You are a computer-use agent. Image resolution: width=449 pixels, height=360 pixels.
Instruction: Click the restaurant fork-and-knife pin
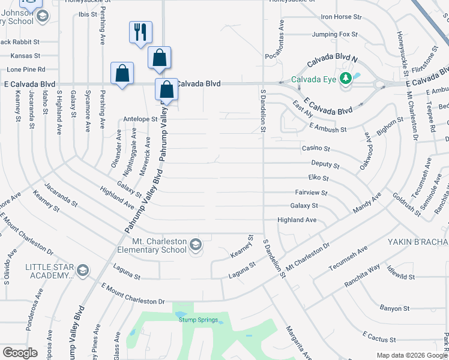click(x=140, y=32)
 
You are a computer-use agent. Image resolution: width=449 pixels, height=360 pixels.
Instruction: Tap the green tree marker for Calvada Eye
click(x=345, y=78)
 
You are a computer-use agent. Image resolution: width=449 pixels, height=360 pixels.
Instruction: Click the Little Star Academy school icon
click(x=83, y=271)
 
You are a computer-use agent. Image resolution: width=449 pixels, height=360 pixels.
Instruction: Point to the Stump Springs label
click(x=196, y=320)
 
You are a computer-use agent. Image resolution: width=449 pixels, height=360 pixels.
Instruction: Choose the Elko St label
click(x=318, y=178)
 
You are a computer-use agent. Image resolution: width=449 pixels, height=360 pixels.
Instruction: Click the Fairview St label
click(x=311, y=193)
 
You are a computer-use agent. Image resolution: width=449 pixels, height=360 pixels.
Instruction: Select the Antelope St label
click(x=140, y=119)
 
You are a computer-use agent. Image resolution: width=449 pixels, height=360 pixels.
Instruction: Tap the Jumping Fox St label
click(x=335, y=35)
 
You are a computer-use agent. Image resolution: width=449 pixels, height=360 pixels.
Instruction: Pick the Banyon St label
click(x=394, y=308)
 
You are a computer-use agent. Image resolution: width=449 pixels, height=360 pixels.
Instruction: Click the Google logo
click(x=20, y=353)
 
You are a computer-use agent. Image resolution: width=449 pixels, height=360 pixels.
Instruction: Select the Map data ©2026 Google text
click(x=412, y=355)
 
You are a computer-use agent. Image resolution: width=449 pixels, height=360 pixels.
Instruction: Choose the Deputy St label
click(x=325, y=164)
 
